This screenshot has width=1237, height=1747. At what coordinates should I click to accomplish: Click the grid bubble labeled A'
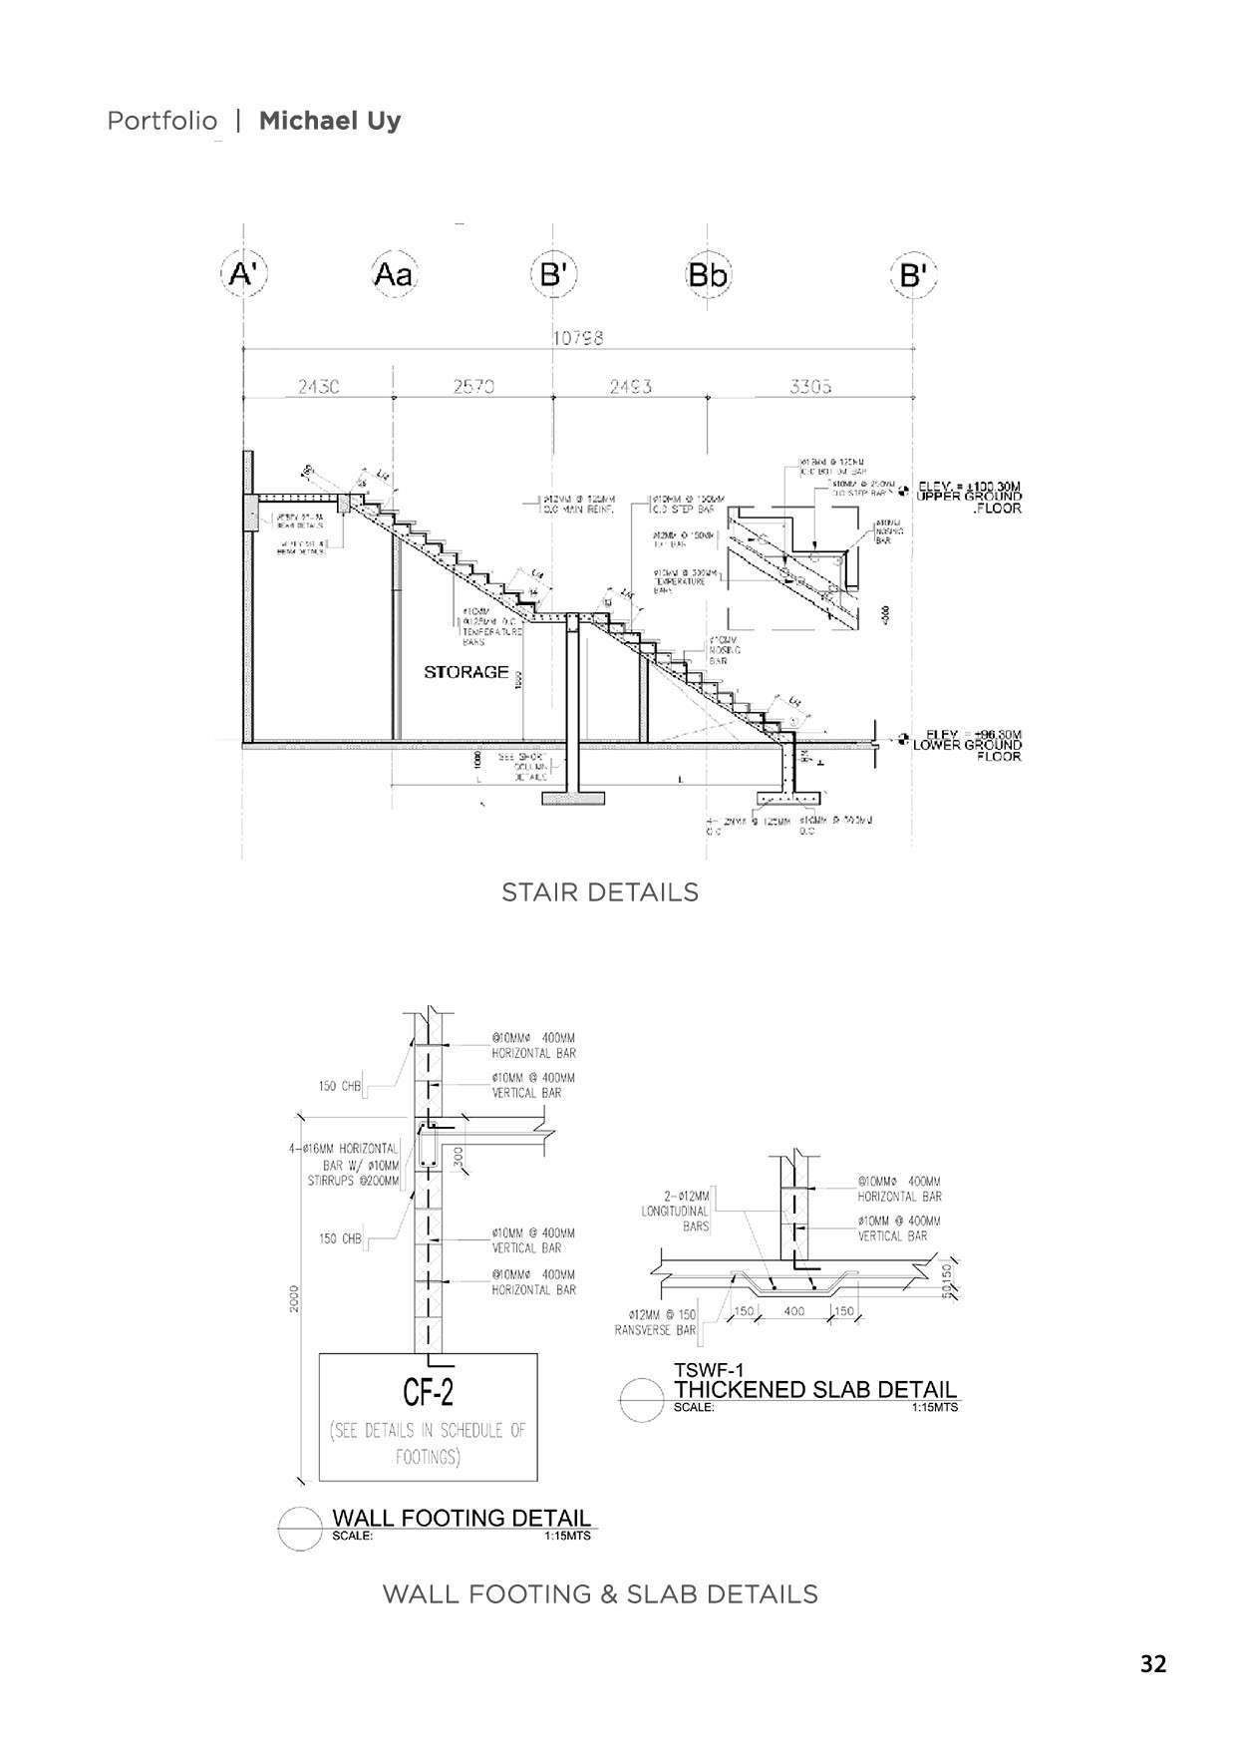click(x=242, y=273)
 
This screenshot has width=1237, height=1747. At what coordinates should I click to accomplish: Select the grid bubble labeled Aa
click(x=393, y=274)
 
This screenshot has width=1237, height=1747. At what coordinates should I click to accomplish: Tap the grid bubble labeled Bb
click(x=708, y=274)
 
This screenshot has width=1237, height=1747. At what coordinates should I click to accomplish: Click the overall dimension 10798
click(x=577, y=338)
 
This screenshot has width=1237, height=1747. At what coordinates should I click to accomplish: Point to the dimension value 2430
click(x=318, y=387)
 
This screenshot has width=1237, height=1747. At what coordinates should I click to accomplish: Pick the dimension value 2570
click(x=473, y=387)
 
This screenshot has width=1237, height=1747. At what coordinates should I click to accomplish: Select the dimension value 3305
click(x=810, y=387)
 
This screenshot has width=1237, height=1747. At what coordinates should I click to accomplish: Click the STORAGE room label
click(x=466, y=672)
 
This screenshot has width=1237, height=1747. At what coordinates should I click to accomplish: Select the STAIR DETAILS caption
click(x=599, y=891)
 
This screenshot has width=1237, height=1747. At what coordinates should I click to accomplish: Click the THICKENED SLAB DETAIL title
click(x=815, y=1389)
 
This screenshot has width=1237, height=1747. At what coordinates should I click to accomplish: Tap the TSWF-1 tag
click(x=709, y=1370)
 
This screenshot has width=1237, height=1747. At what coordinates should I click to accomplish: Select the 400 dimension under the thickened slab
click(x=794, y=1311)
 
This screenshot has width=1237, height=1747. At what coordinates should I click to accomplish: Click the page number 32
click(x=1153, y=1663)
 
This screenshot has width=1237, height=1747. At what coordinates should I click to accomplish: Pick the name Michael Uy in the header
click(x=330, y=121)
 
